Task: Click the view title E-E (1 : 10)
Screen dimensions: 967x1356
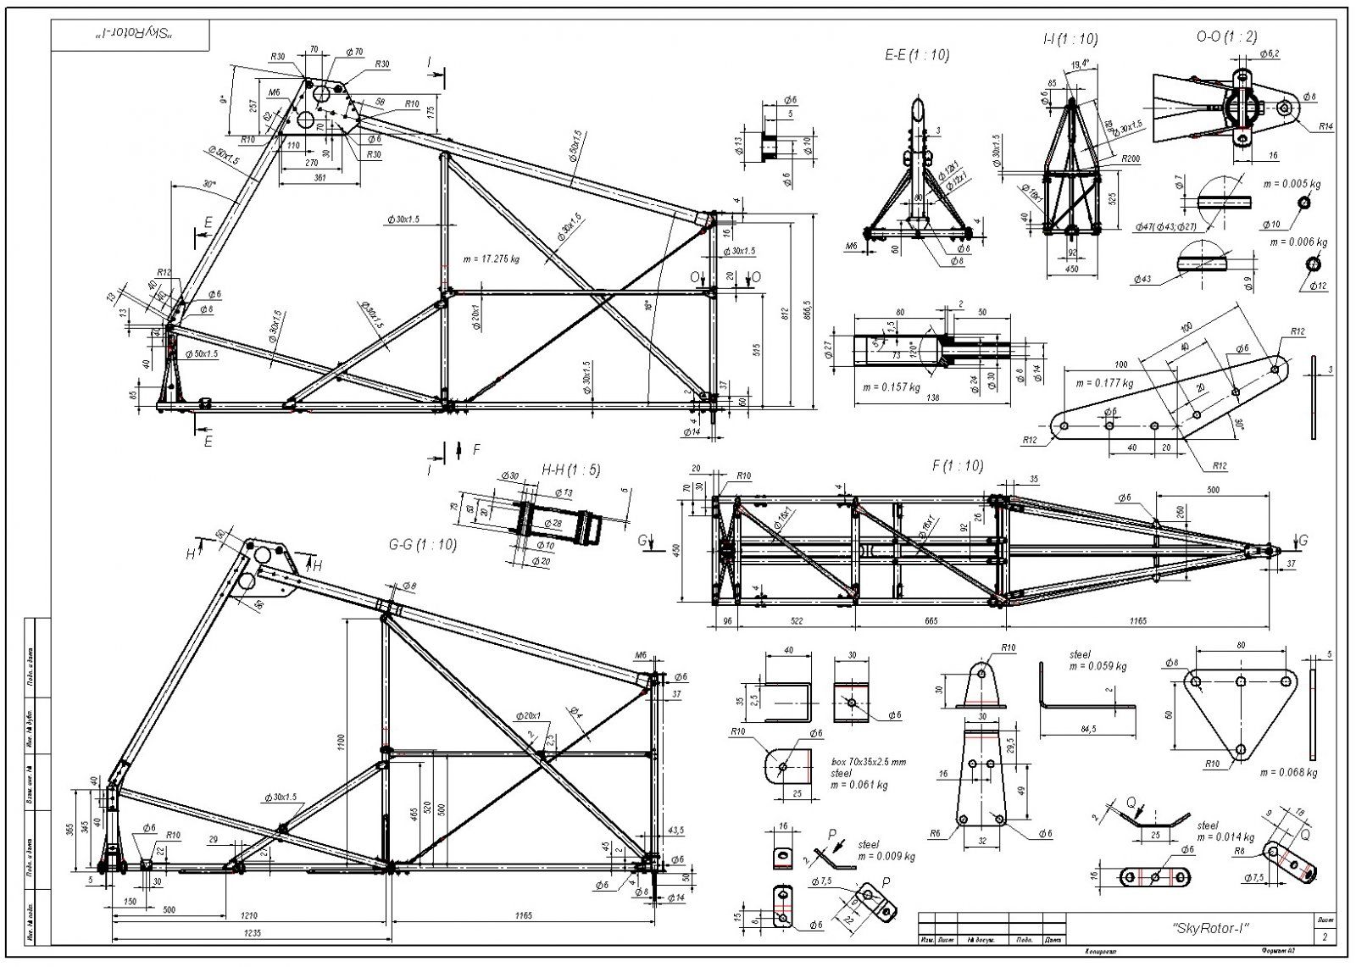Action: [916, 55]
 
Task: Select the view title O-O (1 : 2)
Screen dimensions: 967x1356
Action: [1226, 36]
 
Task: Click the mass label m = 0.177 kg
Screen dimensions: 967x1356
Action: [1104, 383]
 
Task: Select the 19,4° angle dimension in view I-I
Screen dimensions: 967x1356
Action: [1080, 64]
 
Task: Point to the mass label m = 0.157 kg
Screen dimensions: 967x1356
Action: [890, 387]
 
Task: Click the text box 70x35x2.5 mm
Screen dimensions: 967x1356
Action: [868, 762]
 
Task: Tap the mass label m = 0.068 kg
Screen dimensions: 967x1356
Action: [1288, 772]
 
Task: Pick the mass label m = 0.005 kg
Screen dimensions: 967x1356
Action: [1292, 184]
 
